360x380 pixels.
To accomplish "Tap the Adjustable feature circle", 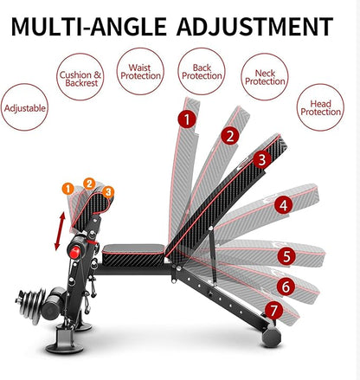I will click(x=25, y=110).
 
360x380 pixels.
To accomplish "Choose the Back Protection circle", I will click(x=202, y=70).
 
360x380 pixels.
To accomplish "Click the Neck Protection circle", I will click(x=265, y=82).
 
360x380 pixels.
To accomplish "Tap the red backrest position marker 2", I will click(x=228, y=135).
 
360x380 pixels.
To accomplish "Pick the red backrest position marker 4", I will click(x=282, y=205).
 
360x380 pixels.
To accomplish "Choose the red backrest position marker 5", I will click(x=286, y=256).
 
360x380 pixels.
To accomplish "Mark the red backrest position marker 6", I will click(x=285, y=285).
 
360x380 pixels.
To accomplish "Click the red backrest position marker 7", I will click(x=273, y=308).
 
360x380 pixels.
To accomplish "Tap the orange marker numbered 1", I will click(x=67, y=187).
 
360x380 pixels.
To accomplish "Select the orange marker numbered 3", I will click(x=108, y=190).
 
